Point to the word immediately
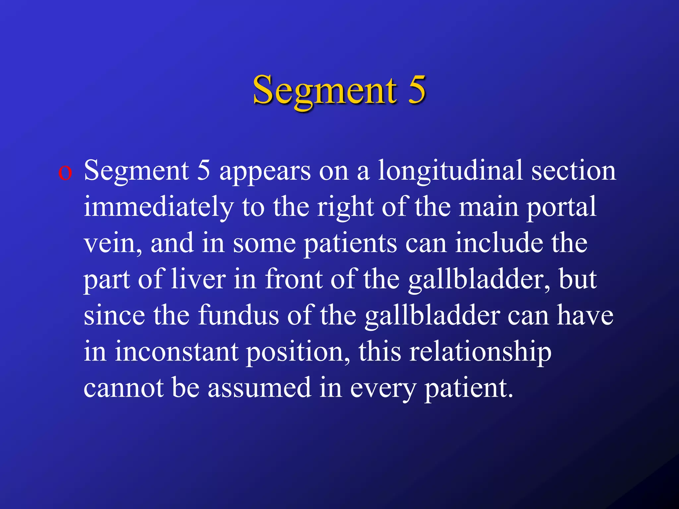point(159,207)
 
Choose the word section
point(574,171)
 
